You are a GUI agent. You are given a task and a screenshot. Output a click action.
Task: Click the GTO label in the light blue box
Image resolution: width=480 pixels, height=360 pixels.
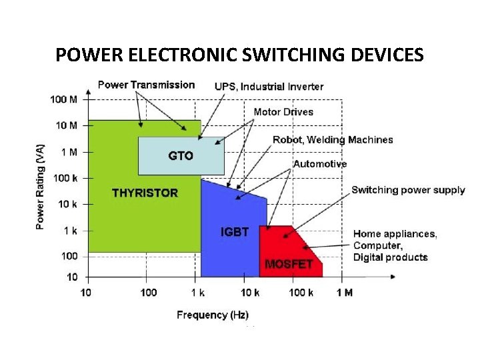coord(181,155)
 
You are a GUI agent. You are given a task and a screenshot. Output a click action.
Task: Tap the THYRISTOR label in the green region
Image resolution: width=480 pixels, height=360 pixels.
coord(145,193)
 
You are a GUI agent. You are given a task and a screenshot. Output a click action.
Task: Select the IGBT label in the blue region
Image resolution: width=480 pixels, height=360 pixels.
coord(235,232)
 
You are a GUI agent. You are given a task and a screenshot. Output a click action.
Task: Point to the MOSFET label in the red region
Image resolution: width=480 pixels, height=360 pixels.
coord(289,264)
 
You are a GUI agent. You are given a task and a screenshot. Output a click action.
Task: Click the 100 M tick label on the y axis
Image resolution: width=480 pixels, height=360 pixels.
coord(63,99)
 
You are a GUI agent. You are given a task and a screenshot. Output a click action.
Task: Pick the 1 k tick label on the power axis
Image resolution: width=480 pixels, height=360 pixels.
coord(69,231)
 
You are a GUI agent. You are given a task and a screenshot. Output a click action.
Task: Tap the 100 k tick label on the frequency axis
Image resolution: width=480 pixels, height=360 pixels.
coord(301,293)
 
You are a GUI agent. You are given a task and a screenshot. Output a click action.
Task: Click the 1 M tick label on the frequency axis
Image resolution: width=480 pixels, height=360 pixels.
coord(344,293)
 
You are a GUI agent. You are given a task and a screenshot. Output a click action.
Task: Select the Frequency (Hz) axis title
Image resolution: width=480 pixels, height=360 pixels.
coord(213,315)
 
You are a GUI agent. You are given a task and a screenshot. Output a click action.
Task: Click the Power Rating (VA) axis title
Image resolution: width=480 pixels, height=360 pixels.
coord(41,187)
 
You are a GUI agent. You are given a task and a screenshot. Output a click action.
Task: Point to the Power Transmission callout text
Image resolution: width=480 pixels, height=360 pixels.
coord(147,85)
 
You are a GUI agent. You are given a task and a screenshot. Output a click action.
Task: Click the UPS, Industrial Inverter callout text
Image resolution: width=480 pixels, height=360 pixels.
coord(269,86)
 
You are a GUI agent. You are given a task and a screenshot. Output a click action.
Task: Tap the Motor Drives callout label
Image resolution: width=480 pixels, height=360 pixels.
coord(283,111)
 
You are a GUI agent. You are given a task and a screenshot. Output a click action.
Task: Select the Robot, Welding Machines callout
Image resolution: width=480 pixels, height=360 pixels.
coord(333,139)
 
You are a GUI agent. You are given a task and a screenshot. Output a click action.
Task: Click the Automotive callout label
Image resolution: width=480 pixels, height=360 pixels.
coord(320,163)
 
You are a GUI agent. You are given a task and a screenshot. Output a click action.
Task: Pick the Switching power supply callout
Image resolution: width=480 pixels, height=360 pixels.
coord(408,190)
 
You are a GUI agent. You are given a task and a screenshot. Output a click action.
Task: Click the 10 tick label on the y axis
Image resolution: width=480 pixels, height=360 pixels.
coord(72,277)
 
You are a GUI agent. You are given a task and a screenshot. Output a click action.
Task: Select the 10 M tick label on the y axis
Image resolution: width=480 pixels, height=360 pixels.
coord(65,125)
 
